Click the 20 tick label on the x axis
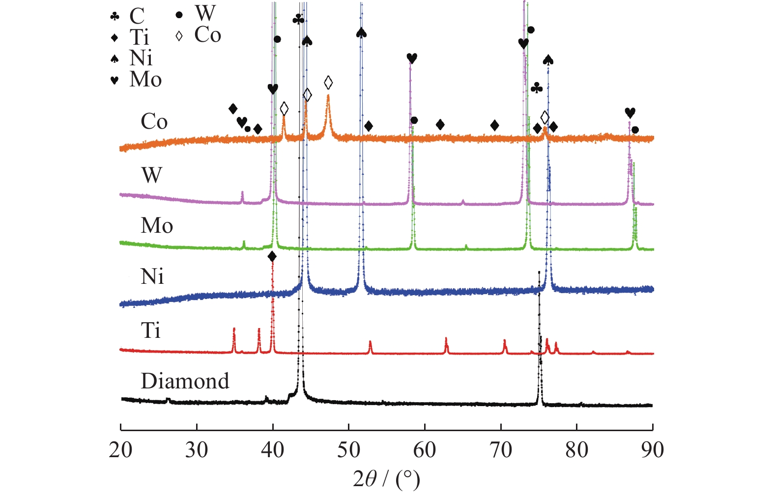120,450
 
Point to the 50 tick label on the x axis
348,450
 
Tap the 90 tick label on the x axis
652,450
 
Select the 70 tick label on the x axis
500,450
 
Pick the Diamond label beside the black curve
185,381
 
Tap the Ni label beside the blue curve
152,277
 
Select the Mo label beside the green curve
157,226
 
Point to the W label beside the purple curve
151,175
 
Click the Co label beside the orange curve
154,122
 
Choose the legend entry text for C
137,16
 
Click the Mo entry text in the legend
145,80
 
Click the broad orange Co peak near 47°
328,98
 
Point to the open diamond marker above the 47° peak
328,82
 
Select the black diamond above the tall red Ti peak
272,256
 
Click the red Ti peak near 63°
446,340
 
